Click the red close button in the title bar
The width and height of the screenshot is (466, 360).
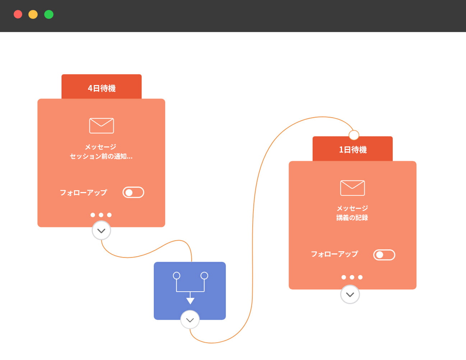pos(18,14)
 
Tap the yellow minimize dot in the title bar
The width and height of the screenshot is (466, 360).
pos(33,14)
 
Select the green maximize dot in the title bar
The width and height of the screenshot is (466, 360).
pos(49,14)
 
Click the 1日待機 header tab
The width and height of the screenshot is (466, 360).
pos(352,149)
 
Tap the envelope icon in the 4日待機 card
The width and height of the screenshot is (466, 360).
pos(101,126)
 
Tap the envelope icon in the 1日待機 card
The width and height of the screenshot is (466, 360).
pos(352,188)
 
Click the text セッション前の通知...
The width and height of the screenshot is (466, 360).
pos(101,156)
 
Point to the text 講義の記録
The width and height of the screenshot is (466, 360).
pos(352,218)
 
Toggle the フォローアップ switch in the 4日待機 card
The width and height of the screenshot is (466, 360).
pos(133,192)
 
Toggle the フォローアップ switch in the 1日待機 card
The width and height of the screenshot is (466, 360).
pos(384,255)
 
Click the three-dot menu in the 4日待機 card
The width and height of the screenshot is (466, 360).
pos(101,215)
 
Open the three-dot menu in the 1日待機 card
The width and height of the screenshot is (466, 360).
pos(352,277)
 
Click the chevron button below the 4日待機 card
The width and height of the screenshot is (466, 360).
pos(101,231)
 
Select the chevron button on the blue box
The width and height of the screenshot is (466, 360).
pos(190,320)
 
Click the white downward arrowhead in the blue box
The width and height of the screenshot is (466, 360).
pos(190,301)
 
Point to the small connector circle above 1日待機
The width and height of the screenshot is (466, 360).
pos(354,135)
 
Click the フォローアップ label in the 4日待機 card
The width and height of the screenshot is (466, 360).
pos(83,192)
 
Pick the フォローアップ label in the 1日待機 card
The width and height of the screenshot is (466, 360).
pos(334,254)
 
